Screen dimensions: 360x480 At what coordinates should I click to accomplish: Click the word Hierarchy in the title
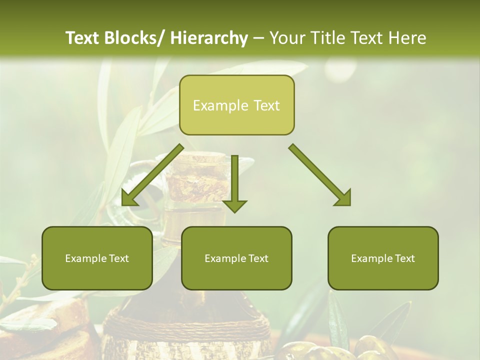coord(209,38)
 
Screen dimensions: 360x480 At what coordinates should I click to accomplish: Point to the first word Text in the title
coord(83,38)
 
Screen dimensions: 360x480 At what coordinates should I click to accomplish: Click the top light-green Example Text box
coord(236,105)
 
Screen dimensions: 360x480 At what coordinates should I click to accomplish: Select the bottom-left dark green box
coord(97,258)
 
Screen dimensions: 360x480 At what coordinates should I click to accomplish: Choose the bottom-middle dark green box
coord(236,258)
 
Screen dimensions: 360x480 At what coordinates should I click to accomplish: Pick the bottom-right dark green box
coord(383,258)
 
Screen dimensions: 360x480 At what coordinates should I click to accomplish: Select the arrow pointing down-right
coord(320,175)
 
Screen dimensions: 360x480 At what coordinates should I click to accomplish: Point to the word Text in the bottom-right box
coord(404,258)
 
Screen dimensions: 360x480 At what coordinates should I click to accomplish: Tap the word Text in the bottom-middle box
coord(257,258)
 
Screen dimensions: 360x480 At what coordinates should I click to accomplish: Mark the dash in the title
coord(258,38)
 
